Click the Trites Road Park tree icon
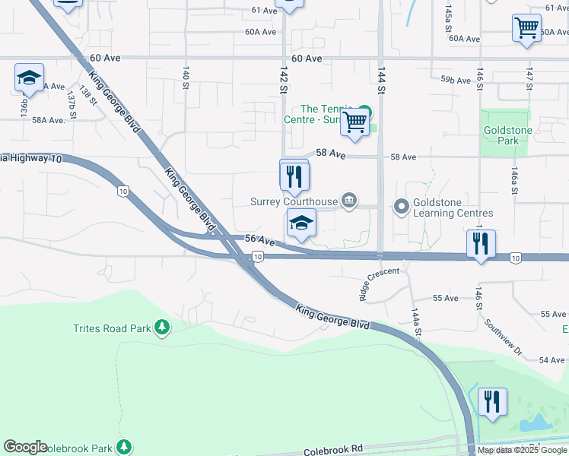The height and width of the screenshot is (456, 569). [x=161, y=328]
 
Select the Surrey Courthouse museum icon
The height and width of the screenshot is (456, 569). [x=348, y=201]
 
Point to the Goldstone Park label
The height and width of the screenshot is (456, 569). [x=507, y=135]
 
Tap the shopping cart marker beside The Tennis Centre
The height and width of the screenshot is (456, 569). [x=354, y=122]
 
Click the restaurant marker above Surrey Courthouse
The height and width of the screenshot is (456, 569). [x=294, y=176]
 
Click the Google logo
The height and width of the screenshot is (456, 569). [x=25, y=448]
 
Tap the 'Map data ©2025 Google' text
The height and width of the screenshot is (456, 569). [x=523, y=451]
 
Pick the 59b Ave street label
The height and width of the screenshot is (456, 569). [x=456, y=79]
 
